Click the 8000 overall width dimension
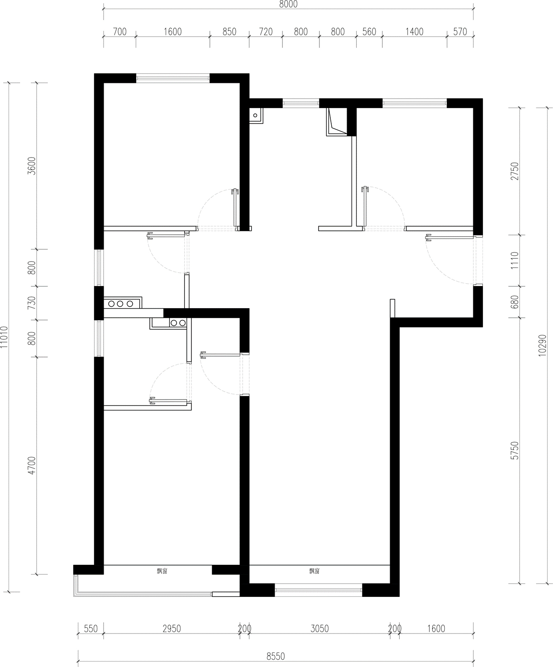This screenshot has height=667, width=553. [x=288, y=4]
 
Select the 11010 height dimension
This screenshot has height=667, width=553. [x=4, y=337]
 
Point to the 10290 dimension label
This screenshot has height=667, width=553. [x=542, y=345]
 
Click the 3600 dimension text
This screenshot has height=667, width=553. [x=32, y=166]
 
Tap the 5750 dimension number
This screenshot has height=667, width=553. [x=515, y=451]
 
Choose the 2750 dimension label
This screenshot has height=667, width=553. [x=515, y=171]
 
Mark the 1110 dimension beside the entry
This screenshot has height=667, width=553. [x=515, y=260]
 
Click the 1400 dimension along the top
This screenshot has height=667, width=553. [x=415, y=32]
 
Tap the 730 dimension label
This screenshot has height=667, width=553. [x=32, y=303]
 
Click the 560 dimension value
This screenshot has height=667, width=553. [x=369, y=32]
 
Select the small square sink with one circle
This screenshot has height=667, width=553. [x=256, y=115]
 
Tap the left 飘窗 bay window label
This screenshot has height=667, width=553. [x=162, y=571]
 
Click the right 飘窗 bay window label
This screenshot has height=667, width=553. [x=315, y=571]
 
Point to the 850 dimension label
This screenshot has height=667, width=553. [x=229, y=32]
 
